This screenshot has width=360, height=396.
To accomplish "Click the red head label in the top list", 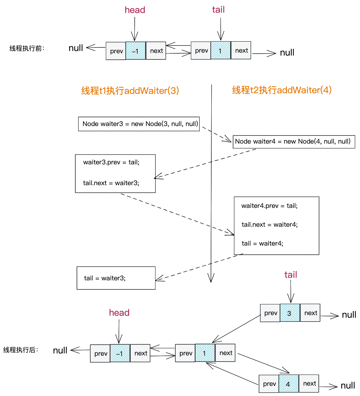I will pyautogui.click(x=135, y=10).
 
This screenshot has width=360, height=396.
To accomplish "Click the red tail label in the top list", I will pyautogui.click(x=218, y=10).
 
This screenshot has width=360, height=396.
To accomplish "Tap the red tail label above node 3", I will pyautogui.click(x=291, y=275).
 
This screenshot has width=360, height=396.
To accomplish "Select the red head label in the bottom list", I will pyautogui.click(x=119, y=313).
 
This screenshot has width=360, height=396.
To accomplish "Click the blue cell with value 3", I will pyautogui.click(x=290, y=313).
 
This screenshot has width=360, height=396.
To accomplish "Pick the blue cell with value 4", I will pyautogui.click(x=288, y=384).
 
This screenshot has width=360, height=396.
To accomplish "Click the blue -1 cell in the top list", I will pyautogui.click(x=135, y=51).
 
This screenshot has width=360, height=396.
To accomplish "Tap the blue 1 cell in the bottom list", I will pyautogui.click(x=205, y=353).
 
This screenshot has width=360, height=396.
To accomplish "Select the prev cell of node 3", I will pyautogui.click(x=270, y=313).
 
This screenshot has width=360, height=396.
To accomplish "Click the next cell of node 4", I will pyautogui.click(x=309, y=384).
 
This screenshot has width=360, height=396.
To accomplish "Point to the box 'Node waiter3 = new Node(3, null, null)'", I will pyautogui.click(x=139, y=124).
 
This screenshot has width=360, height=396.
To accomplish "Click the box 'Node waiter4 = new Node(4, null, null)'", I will pyautogui.click(x=294, y=142).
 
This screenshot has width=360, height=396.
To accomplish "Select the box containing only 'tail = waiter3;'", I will pyautogui.click(x=116, y=278).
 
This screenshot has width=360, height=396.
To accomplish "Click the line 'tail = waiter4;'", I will pyautogui.click(x=262, y=243).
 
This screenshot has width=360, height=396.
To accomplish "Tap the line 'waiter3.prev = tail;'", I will pyautogui.click(x=111, y=162).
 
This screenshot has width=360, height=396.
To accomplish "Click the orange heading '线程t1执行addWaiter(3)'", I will pyautogui.click(x=130, y=91).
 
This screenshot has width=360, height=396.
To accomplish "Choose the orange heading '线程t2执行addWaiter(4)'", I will pyautogui.click(x=282, y=90).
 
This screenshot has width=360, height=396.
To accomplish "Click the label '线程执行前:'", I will pyautogui.click(x=27, y=49).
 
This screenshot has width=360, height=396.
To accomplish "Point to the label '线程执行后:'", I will pyautogui.click(x=21, y=350).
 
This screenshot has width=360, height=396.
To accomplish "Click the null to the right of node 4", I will pyautogui.click(x=348, y=386).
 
